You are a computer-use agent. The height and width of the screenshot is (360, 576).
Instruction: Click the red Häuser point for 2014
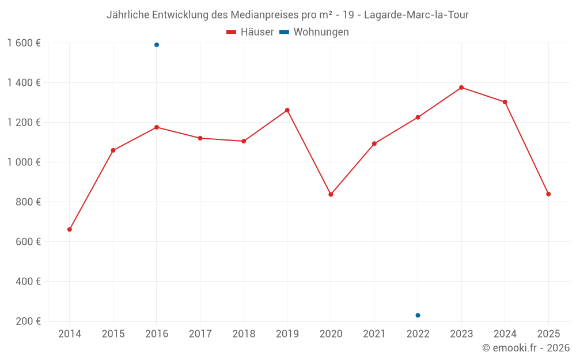pos(70,229)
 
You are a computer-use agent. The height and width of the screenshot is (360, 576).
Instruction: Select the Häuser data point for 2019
pos(287,110)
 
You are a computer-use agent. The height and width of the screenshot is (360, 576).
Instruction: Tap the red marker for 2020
pos(331,194)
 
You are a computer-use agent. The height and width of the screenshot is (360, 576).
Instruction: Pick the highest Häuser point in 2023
pos(461,88)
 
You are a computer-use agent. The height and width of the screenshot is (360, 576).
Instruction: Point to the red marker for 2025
pos(548,194)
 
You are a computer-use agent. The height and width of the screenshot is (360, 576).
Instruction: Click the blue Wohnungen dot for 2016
pos(157,45)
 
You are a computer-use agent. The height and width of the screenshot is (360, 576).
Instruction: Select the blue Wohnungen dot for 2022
pos(418,315)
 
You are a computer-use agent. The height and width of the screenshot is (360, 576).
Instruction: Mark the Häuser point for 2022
pos(418,118)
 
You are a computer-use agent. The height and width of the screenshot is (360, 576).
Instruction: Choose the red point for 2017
pos(200,138)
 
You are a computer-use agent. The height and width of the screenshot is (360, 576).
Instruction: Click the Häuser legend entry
pos(250,32)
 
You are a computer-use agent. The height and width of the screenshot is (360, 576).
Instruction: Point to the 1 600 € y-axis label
pos(24,43)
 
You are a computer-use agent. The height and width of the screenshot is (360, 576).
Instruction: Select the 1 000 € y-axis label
pos(24,162)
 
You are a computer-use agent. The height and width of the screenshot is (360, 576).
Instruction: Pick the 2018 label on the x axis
pos(244,334)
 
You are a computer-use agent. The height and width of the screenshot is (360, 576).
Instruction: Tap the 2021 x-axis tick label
pos(374,334)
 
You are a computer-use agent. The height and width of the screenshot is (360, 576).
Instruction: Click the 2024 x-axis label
pos(505,334)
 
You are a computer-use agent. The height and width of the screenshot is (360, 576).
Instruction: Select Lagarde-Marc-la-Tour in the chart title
pos(416,15)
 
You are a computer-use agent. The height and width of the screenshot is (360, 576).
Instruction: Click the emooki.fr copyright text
pos(525,348)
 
